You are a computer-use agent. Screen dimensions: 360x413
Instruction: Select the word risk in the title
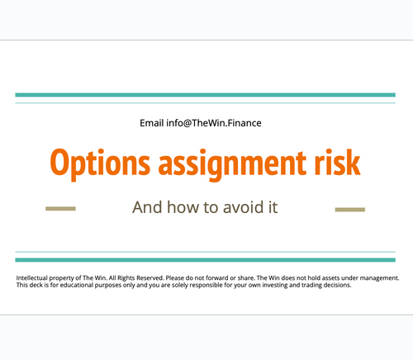(x=337, y=161)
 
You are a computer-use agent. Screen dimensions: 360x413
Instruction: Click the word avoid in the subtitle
(x=244, y=206)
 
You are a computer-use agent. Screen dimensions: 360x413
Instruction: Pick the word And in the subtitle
(x=147, y=206)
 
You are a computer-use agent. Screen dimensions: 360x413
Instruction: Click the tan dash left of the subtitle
(x=60, y=209)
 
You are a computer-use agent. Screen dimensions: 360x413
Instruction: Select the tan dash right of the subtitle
(x=349, y=209)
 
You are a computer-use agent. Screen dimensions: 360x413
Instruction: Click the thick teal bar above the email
(x=206, y=95)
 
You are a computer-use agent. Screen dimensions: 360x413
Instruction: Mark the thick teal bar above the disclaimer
(x=206, y=259)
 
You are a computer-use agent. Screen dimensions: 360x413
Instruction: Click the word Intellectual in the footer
(x=34, y=279)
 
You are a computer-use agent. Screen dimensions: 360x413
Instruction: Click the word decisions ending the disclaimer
(x=334, y=287)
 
